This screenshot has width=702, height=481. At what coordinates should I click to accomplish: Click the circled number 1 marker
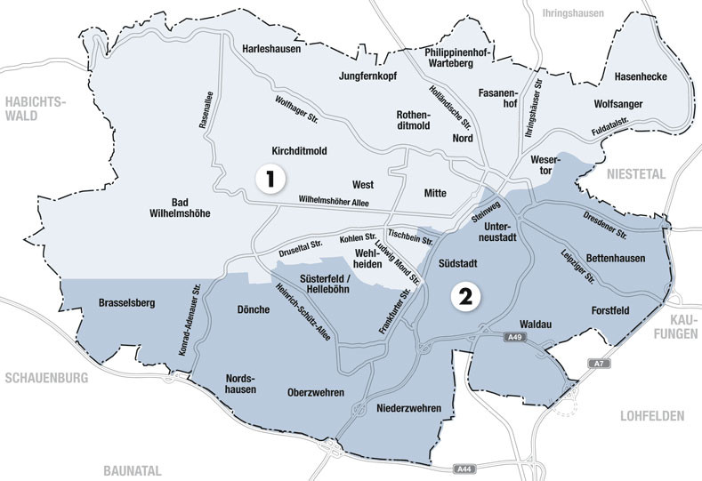(x=270, y=179)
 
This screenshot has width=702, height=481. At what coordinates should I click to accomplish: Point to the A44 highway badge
(x=463, y=468)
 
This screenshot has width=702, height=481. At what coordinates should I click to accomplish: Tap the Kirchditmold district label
(x=300, y=151)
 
